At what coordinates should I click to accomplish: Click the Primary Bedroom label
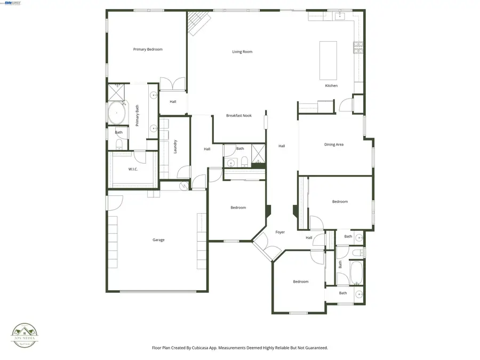click(148, 50)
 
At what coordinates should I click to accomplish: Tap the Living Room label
click(242, 52)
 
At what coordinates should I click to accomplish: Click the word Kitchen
click(331, 86)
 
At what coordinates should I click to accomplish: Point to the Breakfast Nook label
click(238, 116)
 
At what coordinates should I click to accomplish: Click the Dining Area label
click(334, 145)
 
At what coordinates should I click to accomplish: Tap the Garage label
click(158, 240)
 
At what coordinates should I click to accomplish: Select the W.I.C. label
click(133, 170)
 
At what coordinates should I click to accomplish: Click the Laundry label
click(175, 147)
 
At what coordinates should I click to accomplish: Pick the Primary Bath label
click(137, 115)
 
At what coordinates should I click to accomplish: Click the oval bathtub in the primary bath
click(117, 113)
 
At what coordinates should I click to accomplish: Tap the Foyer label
click(280, 232)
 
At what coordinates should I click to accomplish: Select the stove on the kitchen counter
click(358, 48)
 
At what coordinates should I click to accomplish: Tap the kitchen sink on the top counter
click(340, 15)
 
